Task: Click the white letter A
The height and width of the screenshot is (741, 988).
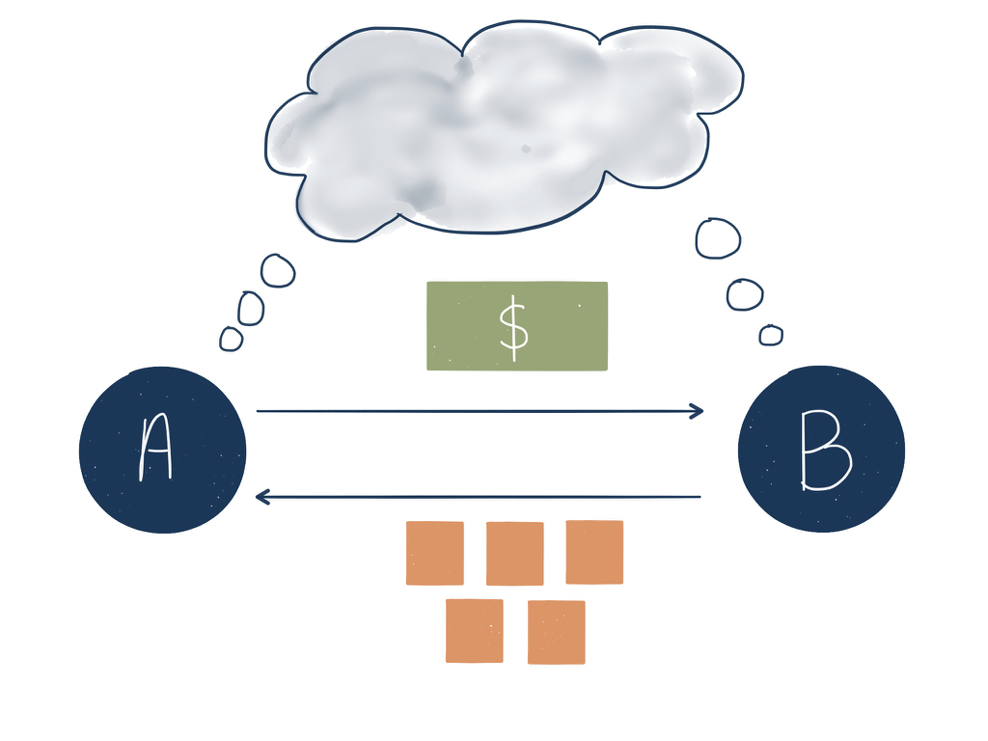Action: point(155,451)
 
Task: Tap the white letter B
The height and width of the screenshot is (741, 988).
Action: point(824,451)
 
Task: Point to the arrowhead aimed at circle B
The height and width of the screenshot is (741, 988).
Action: point(697,412)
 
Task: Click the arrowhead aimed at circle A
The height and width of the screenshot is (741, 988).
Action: point(261,497)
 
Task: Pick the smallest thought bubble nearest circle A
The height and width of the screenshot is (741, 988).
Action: point(232,339)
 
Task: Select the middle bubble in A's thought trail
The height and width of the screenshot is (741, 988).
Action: point(251,308)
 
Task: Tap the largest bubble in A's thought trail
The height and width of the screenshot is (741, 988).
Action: point(278,271)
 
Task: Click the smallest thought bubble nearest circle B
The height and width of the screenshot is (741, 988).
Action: point(770,335)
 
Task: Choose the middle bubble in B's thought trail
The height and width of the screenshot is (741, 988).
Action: point(744,294)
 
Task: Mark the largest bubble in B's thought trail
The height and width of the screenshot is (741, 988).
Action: point(718,239)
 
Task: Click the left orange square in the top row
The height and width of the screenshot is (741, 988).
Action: point(434,553)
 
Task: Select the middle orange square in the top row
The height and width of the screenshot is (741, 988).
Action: point(514,553)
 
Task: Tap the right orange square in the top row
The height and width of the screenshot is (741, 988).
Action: point(594,552)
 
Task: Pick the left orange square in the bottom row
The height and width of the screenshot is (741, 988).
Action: point(474,631)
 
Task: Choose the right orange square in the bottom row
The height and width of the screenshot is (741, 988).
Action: point(556,632)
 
